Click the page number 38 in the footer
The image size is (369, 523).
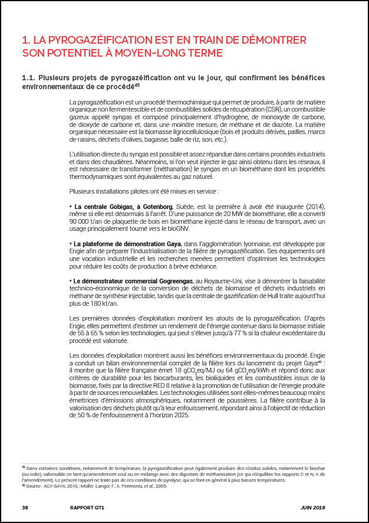[25, 507]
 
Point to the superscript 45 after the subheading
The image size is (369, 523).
[137, 84]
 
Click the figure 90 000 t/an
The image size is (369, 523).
[88, 221]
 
